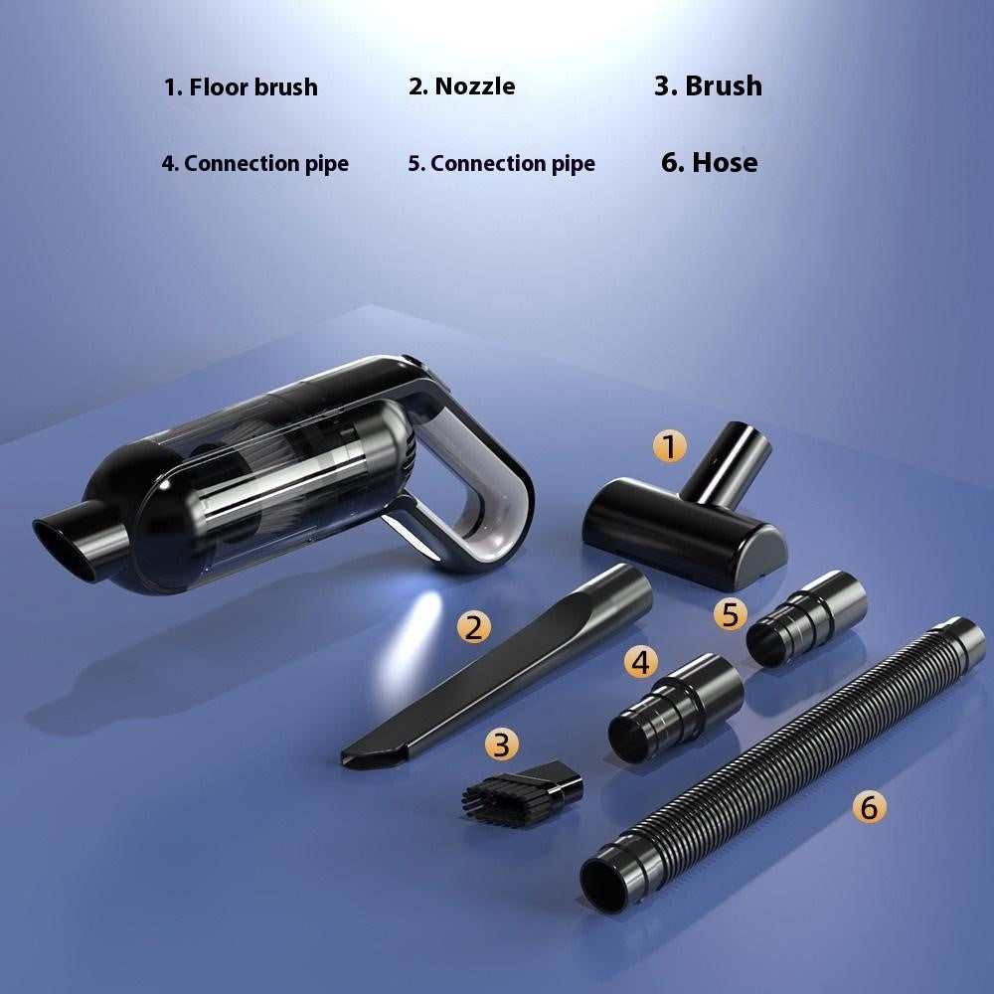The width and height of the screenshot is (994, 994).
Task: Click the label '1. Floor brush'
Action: coord(241,86)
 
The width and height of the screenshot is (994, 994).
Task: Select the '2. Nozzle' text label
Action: coord(461,86)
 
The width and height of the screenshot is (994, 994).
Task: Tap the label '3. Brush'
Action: coord(708,85)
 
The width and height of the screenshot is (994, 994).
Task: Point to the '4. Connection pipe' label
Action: coord(255,163)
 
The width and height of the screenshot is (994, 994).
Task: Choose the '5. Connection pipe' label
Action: coord(501,163)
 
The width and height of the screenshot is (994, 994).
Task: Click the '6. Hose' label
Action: coord(709,162)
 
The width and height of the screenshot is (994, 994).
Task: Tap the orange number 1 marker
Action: coord(670,446)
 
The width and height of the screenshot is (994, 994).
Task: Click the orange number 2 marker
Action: coord(473,626)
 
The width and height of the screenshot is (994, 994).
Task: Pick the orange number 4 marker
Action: coord(642,661)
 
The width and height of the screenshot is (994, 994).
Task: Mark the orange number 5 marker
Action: coord(731,614)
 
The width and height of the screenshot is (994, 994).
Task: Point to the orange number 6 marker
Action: coord(869,807)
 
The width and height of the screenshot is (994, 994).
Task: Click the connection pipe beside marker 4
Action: coord(676,706)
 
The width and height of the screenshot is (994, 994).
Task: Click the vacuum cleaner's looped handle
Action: coord(487,487)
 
